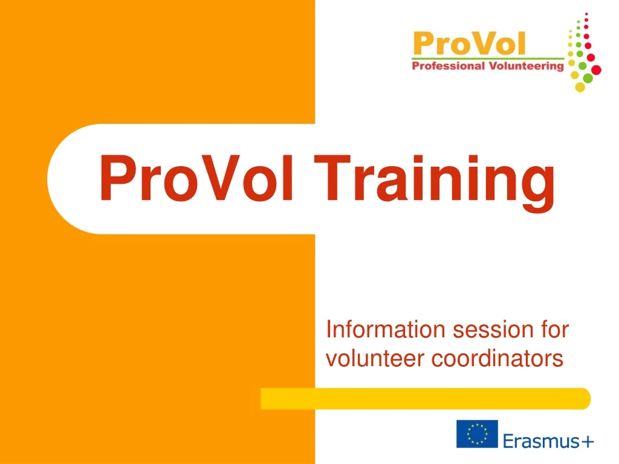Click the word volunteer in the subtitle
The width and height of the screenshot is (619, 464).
(x=375, y=359)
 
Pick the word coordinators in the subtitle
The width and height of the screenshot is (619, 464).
(x=497, y=359)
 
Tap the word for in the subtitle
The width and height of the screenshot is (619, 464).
(x=554, y=330)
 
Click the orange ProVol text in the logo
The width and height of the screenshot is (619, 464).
(x=469, y=43)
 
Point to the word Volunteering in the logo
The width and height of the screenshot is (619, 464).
(x=525, y=66)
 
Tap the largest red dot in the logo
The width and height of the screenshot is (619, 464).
(x=596, y=70)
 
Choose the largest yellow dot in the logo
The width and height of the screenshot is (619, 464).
(x=580, y=87)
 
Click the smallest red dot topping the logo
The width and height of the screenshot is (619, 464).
(x=587, y=13)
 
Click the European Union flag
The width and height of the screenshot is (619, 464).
(x=477, y=434)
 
